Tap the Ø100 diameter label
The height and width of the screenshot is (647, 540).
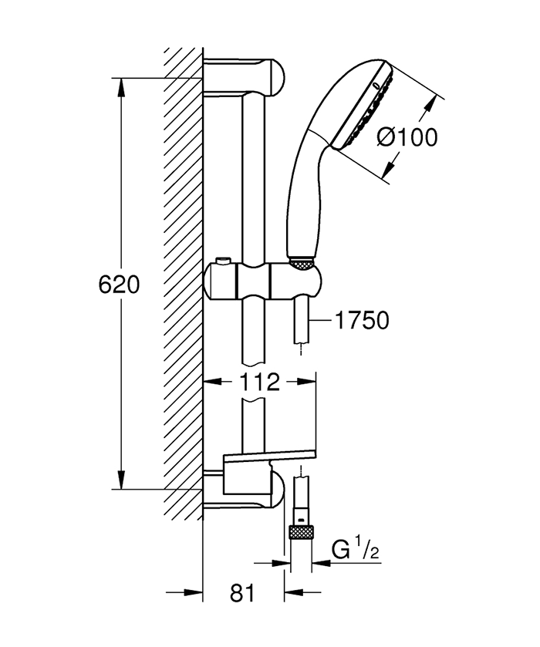click(x=407, y=137)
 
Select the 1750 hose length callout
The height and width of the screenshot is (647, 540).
click(x=362, y=320)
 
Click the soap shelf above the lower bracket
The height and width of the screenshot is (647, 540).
click(x=270, y=461)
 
